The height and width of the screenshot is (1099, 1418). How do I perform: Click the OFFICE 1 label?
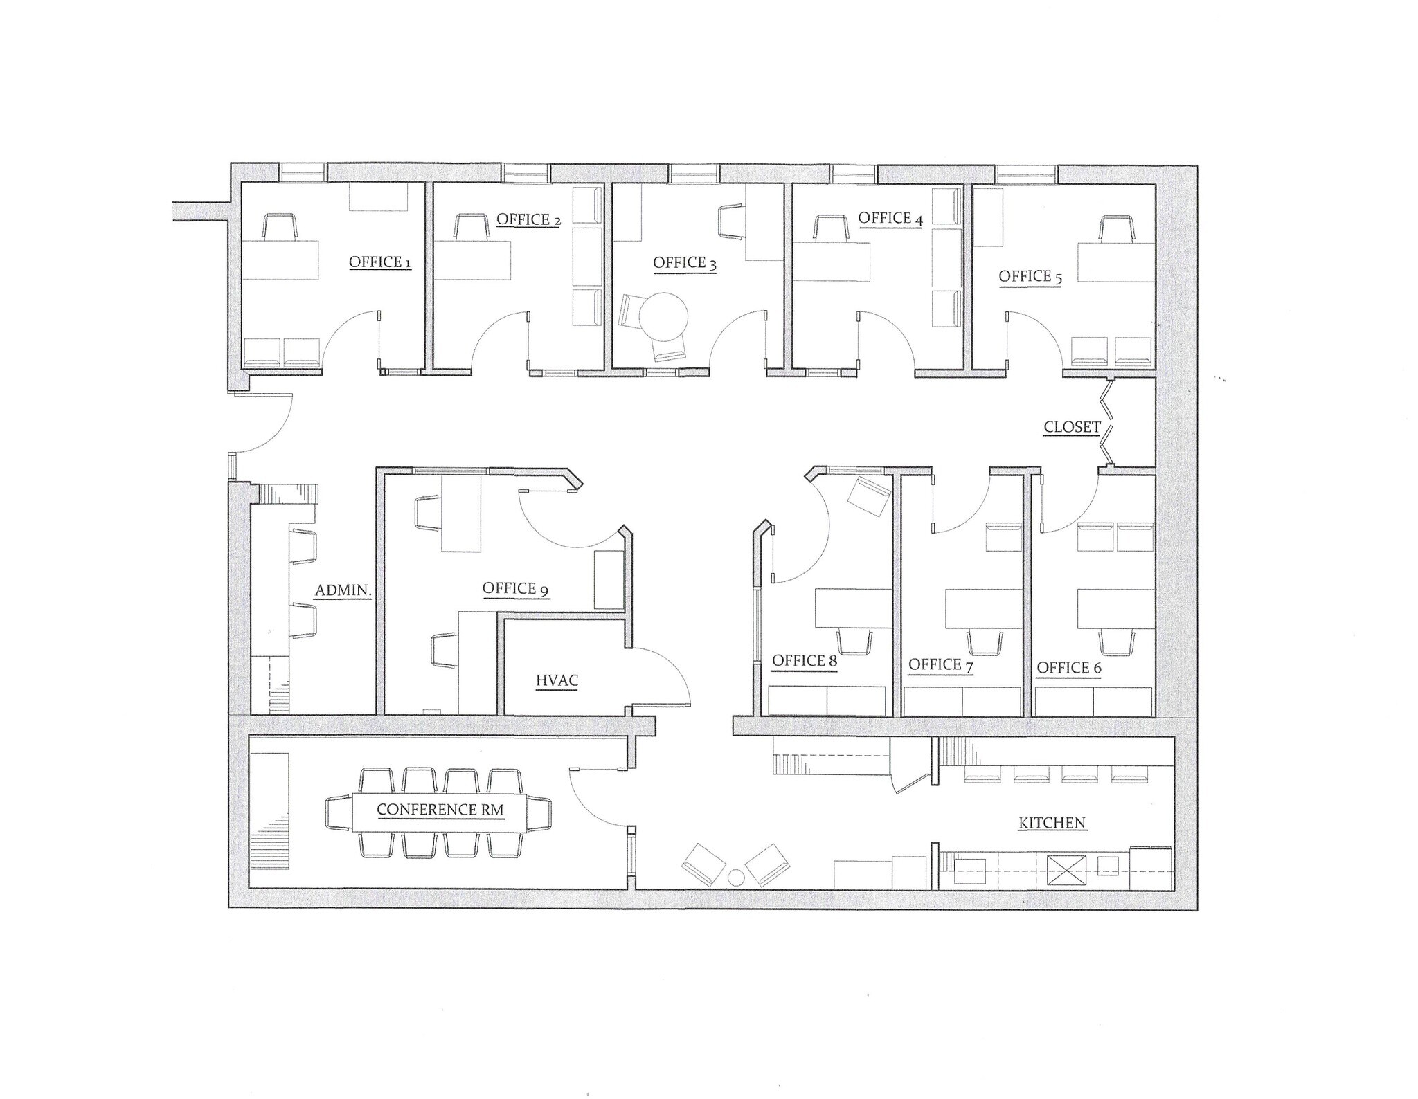(x=380, y=262)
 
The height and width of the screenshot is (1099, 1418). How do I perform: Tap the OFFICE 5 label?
(x=1030, y=277)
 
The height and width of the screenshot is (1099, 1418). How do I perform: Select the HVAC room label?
(x=557, y=681)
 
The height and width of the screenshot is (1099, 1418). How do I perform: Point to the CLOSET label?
(x=1072, y=428)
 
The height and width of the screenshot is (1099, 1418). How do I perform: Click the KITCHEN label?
(x=1052, y=824)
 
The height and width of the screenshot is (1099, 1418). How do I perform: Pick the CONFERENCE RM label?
(x=440, y=810)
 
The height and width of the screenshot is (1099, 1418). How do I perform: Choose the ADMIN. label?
(x=343, y=591)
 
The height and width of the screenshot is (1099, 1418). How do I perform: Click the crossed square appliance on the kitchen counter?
(x=1066, y=871)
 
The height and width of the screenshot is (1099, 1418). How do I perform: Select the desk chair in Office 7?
(x=984, y=642)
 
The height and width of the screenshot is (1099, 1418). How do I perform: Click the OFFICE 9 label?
(x=516, y=589)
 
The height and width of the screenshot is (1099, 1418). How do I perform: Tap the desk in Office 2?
(x=472, y=260)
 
